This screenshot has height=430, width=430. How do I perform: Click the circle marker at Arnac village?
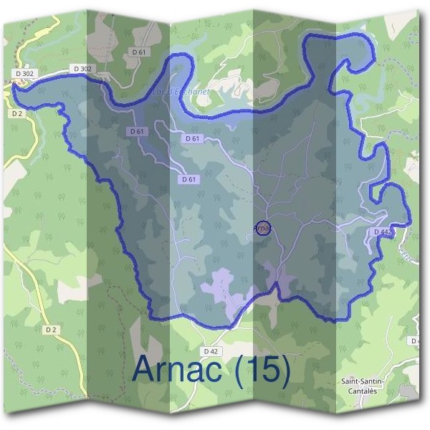[262, 228]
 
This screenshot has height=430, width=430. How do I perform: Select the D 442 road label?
[383, 232]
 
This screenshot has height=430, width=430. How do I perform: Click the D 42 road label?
[210, 351]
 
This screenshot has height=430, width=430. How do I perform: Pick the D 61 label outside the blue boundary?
[139, 52]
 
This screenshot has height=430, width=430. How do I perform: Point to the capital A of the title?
[145, 370]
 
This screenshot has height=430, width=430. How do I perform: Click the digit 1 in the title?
[251, 370]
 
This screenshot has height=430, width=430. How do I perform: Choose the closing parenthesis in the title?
[286, 371]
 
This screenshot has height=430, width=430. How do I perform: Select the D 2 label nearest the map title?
[50, 330]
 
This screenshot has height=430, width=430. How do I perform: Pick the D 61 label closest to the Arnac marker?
[188, 179]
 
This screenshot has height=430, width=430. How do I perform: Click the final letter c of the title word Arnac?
[215, 373]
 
